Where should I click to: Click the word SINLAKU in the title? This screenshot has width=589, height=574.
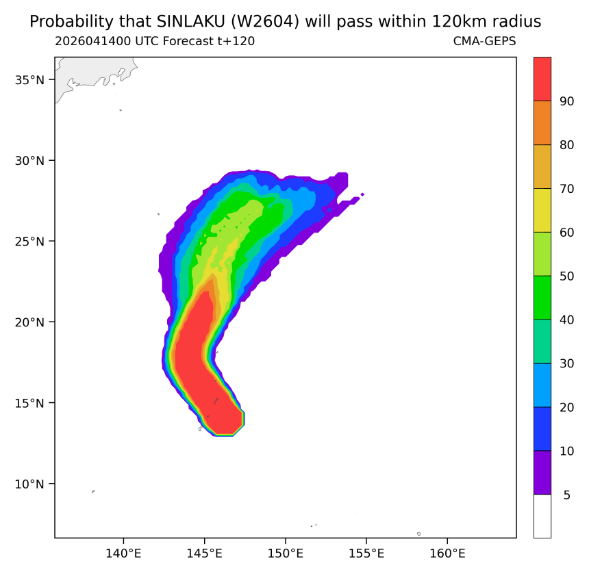tap(190, 22)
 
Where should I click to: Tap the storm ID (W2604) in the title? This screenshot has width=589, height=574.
tap(265, 22)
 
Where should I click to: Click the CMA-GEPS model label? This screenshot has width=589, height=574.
tap(484, 41)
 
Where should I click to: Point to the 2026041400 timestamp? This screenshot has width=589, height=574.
tap(93, 41)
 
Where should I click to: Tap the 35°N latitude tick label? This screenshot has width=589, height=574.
tap(29, 80)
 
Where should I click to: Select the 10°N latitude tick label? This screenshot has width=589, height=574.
tap(29, 484)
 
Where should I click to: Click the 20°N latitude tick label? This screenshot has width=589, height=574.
tap(29, 322)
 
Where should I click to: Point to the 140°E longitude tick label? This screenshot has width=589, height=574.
tap(123, 553)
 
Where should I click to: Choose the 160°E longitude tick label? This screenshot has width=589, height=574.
tap(447, 553)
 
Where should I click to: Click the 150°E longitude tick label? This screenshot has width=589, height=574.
tap(286, 553)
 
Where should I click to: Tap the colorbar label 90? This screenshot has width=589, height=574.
tap(566, 101)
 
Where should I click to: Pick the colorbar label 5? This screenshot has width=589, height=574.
tap(567, 495)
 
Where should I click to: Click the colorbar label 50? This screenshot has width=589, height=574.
tap(566, 276)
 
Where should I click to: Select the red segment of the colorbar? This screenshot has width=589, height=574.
tap(542, 79)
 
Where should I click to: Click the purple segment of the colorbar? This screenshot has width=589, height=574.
tap(542, 472)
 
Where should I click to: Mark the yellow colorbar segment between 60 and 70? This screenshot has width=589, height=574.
tap(542, 210)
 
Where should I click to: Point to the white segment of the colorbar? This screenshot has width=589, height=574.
tap(542, 517)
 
